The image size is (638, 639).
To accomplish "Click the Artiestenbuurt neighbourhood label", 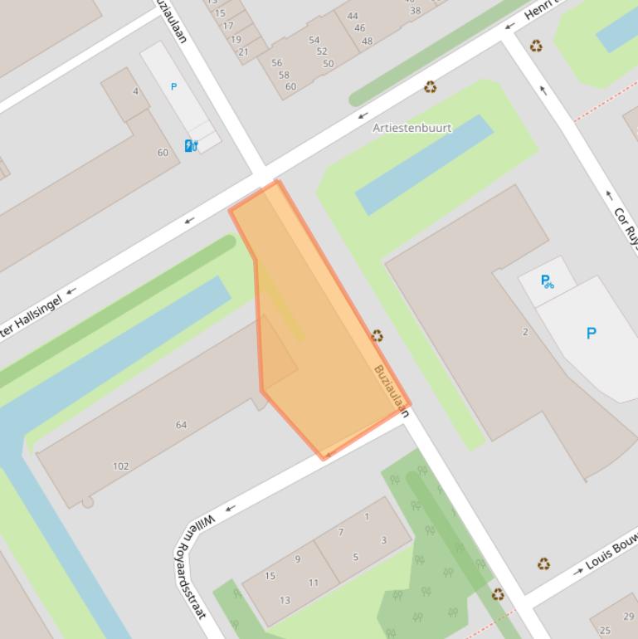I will tap(412, 129).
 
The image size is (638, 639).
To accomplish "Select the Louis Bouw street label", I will tap(611, 554).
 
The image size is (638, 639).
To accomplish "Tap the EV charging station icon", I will tap(191, 146).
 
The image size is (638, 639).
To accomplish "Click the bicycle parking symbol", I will tap(547, 281).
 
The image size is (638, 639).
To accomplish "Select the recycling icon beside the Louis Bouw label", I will tap(543, 564).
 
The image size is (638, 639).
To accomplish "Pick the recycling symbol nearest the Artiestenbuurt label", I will tap(430, 86).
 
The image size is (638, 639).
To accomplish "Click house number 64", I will tap(181, 425).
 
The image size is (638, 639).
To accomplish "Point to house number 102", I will tap(121, 466).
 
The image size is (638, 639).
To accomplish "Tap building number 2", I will tap(525, 332).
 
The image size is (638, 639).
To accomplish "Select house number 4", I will tap(136, 91).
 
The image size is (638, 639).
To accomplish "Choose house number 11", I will tap(314, 583).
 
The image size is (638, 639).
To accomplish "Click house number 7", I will tap(341, 532).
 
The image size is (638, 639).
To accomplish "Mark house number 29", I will tap(628, 616).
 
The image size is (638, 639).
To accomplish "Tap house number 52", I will tap(322, 51).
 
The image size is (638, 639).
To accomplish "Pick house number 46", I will tap(359, 28).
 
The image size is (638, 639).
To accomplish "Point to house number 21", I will tap(243, 51).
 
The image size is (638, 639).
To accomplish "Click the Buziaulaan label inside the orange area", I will tap(392, 390).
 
